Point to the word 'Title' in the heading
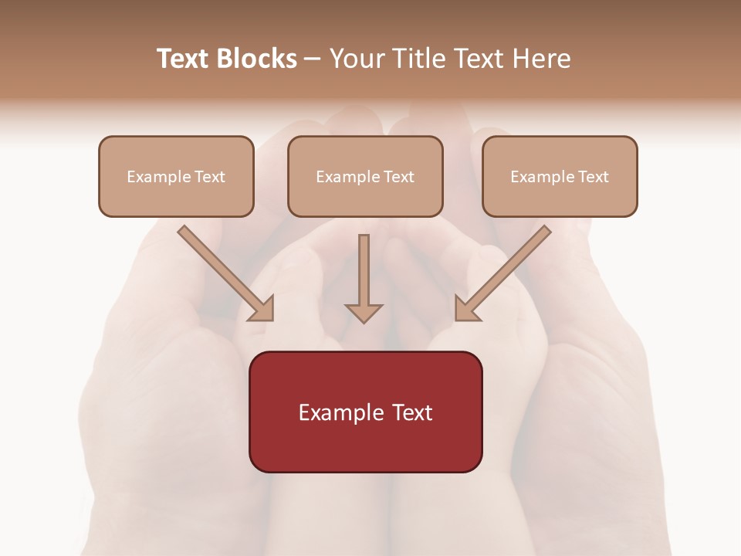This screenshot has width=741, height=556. point(417,59)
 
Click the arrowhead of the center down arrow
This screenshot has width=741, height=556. point(364,312)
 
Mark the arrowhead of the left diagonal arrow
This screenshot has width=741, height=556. point(263,310)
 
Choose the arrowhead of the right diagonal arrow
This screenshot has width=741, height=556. point(465,310)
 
